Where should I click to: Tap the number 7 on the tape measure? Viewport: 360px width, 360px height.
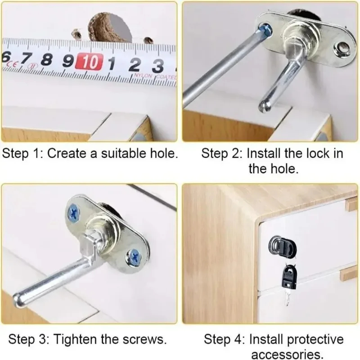coord(27,59)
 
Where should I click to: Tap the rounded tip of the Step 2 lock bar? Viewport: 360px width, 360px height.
coord(265,106)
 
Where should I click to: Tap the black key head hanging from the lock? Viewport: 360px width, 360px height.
coord(289,277)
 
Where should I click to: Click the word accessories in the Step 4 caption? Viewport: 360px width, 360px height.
coord(287,354)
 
